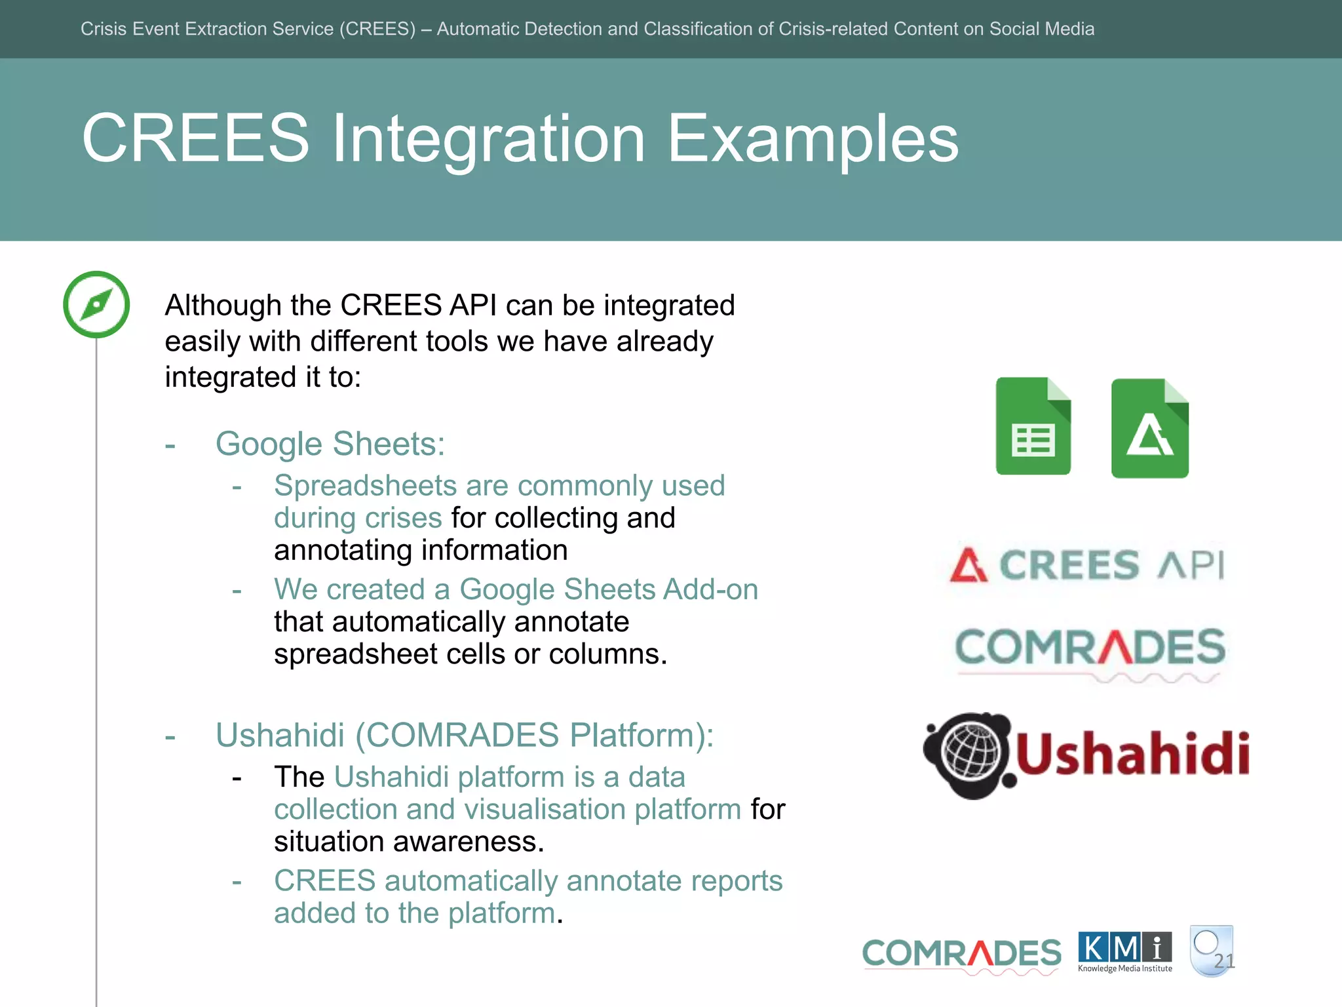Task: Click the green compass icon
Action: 96,305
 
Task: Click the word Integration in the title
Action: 488,139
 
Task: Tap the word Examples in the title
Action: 813,139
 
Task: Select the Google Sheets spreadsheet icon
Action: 1033,427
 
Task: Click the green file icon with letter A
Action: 1149,429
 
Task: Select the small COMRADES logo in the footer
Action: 961,955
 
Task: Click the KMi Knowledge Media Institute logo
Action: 1124,952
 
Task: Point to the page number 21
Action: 1223,961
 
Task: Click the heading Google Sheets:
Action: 330,444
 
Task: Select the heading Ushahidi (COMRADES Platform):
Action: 464,735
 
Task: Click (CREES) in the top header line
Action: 377,29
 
